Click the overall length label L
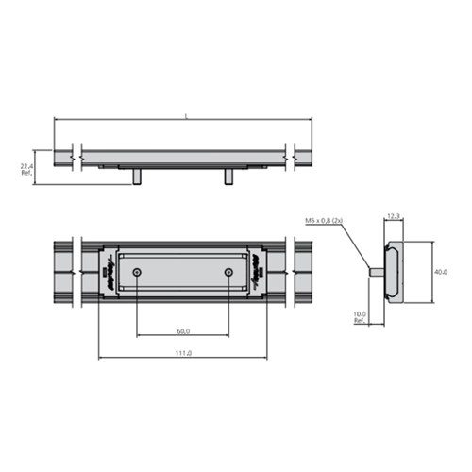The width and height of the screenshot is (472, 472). (186, 115)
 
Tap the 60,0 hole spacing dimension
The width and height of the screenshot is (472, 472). (183, 331)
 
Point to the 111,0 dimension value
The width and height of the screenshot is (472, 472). (183, 353)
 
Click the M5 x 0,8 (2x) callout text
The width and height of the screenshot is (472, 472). (324, 220)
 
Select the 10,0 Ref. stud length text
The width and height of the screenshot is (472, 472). (360, 316)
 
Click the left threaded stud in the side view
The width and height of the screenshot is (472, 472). (138, 176)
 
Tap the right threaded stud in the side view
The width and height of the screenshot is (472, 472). (228, 176)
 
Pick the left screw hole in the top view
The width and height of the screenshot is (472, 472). (138, 272)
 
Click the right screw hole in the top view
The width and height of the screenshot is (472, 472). (228, 272)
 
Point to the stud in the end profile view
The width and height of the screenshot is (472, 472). (377, 273)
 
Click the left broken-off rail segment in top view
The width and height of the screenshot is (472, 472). (63, 272)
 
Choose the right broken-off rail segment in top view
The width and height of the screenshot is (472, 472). (304, 272)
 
